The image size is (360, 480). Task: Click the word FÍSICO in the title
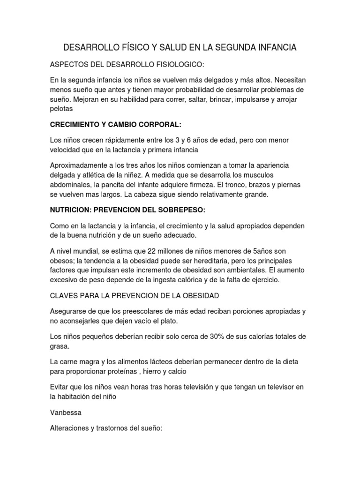(129, 48)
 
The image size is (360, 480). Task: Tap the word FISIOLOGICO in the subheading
(175, 64)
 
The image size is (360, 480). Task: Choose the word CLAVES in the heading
(64, 295)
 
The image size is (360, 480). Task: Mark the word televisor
(284, 386)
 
